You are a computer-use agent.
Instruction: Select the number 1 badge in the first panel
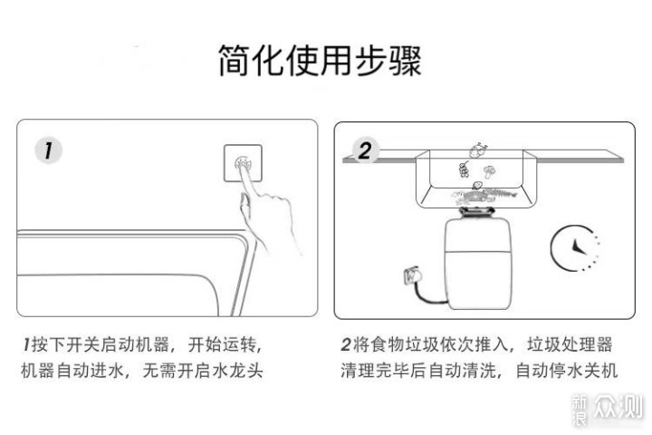[x=43, y=150]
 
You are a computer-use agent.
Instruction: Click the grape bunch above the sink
[x=464, y=169]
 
